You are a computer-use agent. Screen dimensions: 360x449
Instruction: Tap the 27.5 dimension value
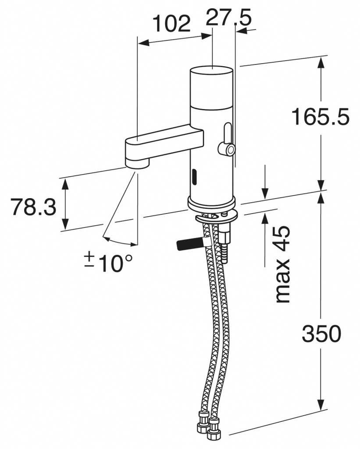[228, 17]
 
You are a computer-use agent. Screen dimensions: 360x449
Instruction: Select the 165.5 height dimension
[321, 117]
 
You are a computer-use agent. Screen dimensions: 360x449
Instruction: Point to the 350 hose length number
[321, 334]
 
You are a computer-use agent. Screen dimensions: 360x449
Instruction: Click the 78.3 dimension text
[33, 207]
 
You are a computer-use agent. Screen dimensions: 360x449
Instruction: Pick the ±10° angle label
[109, 262]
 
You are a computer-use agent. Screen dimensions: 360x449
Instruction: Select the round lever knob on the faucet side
[227, 150]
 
